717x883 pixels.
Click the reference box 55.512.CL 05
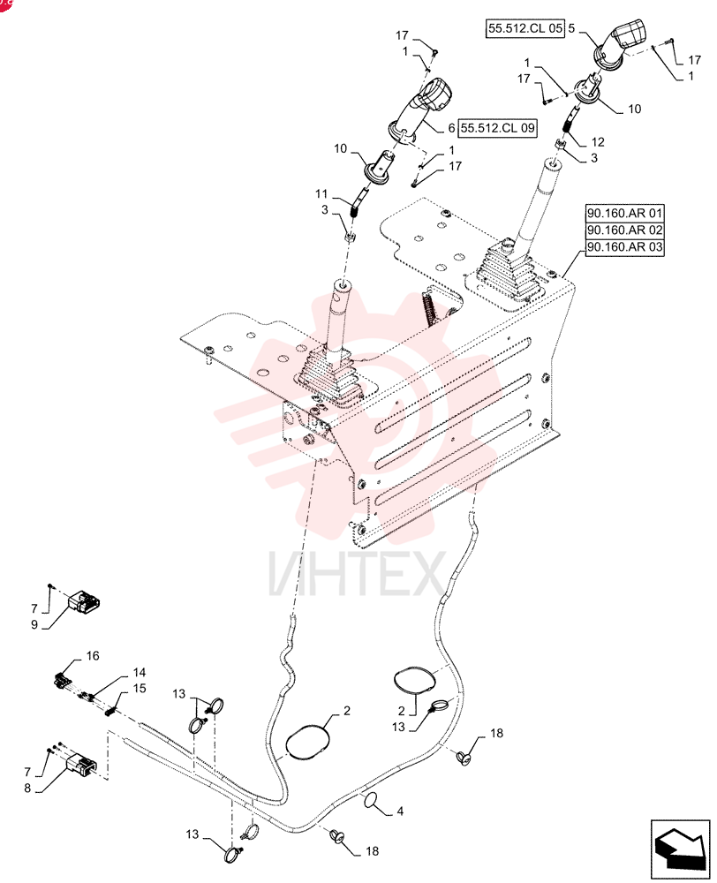[x=525, y=29]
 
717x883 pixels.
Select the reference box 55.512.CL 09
[x=497, y=128]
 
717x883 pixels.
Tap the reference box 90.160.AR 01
[x=624, y=214]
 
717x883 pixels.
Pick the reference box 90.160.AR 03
[x=624, y=247]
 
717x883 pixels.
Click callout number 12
[x=598, y=142]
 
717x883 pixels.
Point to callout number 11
[x=321, y=194]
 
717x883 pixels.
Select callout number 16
[x=93, y=655]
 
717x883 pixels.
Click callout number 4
[x=400, y=811]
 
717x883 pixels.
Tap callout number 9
[x=34, y=625]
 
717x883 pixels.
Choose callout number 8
[x=27, y=789]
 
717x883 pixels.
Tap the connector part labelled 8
[x=81, y=764]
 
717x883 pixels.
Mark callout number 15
[x=140, y=688]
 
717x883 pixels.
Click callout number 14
[x=140, y=672]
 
